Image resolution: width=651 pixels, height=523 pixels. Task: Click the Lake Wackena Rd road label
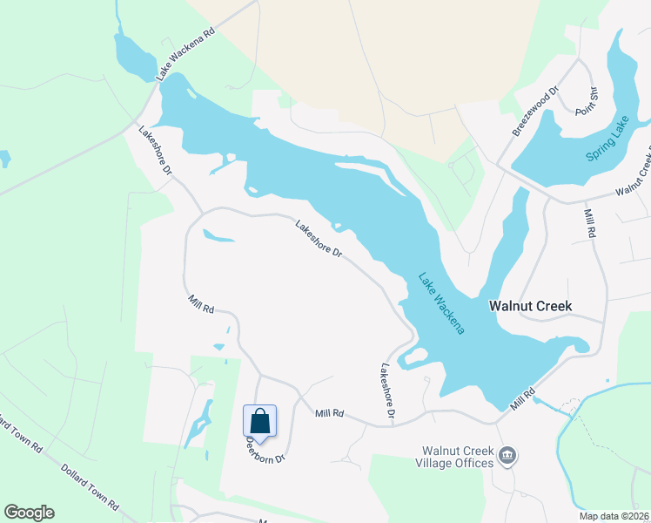[185, 56]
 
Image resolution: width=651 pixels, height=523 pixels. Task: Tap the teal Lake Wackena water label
[442, 303]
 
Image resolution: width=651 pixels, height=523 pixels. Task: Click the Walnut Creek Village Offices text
[457, 457]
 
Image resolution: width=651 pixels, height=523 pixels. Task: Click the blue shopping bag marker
[259, 423]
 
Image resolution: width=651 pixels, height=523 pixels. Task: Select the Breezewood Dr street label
[535, 110]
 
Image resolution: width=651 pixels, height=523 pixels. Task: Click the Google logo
[29, 513]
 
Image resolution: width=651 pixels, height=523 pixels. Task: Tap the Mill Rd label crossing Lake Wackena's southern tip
[522, 400]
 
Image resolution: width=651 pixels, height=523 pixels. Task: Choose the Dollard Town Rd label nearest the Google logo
[89, 486]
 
